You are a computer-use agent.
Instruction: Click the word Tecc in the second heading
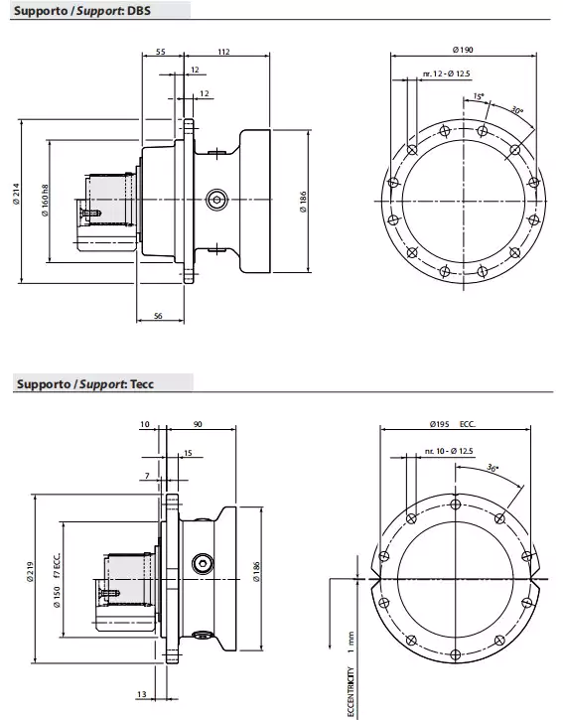tap(146, 382)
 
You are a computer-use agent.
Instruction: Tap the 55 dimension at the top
tap(161, 52)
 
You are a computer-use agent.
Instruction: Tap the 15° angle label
tap(480, 96)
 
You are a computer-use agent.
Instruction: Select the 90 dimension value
tap(198, 424)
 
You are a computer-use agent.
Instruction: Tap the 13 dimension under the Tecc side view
tap(144, 694)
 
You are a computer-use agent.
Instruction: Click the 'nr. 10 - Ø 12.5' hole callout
tap(448, 451)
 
